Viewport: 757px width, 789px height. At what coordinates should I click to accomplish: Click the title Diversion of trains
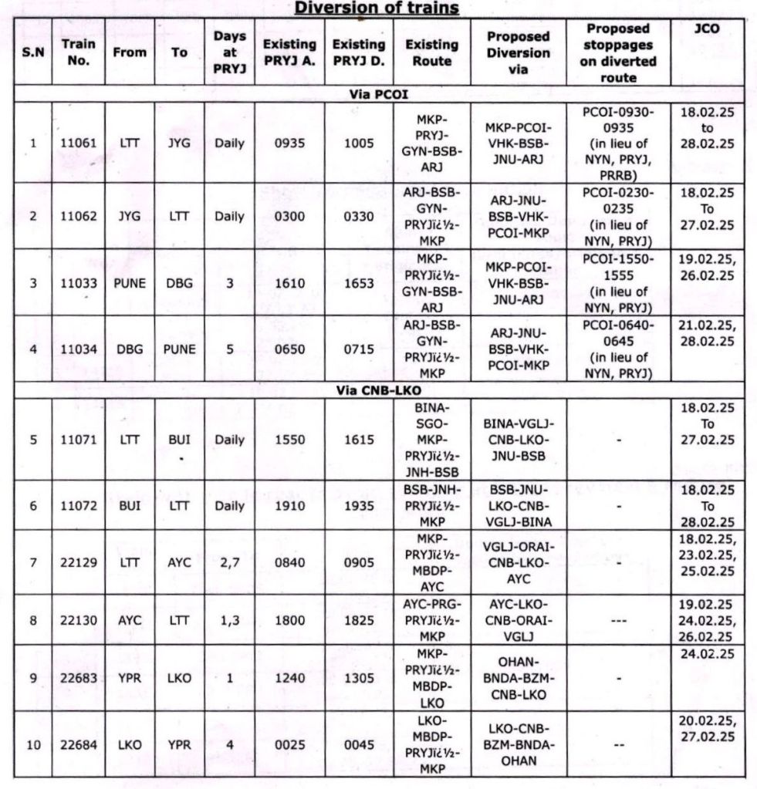pyautogui.click(x=377, y=8)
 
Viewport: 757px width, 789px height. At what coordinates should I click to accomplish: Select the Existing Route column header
pyautogui.click(x=431, y=53)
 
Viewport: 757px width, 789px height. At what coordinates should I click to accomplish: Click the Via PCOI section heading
pyautogui.click(x=378, y=96)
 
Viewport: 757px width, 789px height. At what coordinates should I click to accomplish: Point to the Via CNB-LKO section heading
pyautogui.click(x=378, y=390)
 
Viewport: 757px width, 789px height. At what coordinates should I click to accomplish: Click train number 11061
pyautogui.click(x=79, y=143)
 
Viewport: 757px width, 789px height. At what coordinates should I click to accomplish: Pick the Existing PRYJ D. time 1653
pyautogui.click(x=358, y=282)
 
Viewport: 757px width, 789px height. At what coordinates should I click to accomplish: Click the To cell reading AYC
pyautogui.click(x=179, y=562)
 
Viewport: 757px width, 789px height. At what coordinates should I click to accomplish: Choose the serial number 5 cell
pyautogui.click(x=32, y=440)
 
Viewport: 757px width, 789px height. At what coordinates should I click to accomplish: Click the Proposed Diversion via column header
pyautogui.click(x=518, y=53)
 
